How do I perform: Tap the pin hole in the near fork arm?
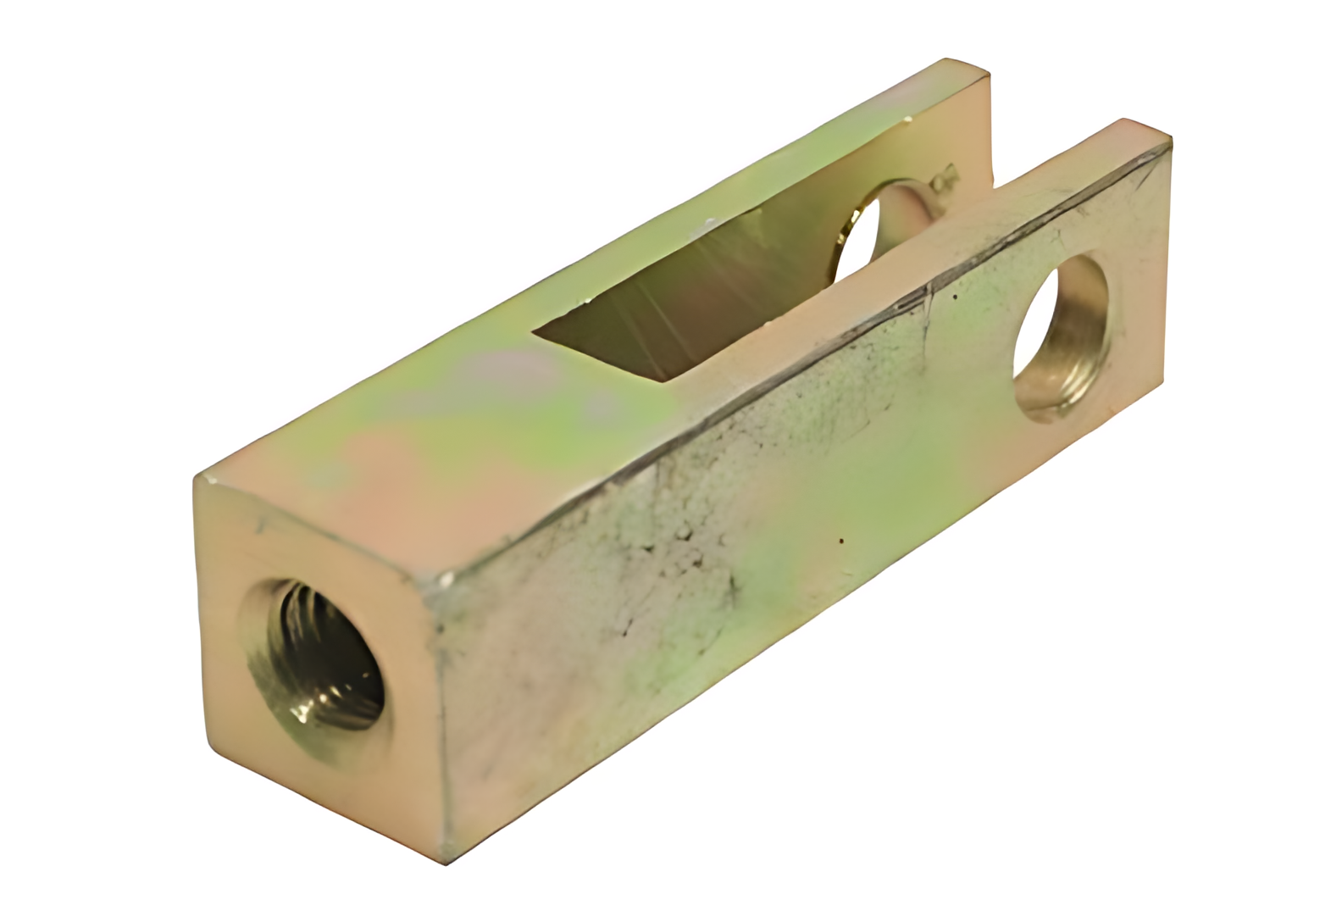[1060, 339]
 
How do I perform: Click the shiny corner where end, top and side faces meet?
[441, 584]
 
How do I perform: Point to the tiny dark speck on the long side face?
[840, 537]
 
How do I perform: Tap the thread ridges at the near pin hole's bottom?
[1063, 398]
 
